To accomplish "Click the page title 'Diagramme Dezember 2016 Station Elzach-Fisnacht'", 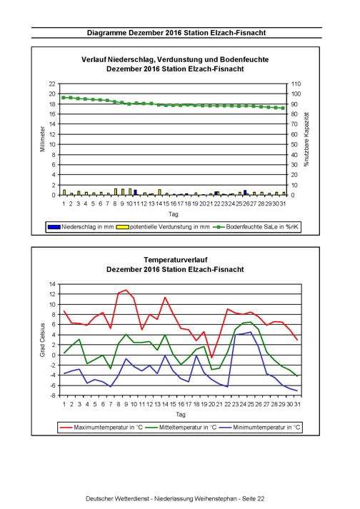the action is (176, 33).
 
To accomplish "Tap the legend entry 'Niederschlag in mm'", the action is (81, 227).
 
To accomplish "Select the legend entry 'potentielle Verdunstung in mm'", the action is (163, 227).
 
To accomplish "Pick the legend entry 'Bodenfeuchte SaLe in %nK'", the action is (256, 227).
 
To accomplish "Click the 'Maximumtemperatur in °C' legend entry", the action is (101, 427).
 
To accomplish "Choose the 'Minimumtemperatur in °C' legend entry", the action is (260, 427).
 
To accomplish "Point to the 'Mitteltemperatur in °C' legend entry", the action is (181, 427).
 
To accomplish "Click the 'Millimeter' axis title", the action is (42, 139).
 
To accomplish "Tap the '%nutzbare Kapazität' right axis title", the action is (306, 139).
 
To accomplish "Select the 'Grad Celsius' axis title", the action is (42, 340).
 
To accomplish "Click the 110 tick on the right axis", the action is (296, 84).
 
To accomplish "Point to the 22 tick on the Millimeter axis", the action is (52, 84).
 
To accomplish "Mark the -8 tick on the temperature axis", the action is (52, 395).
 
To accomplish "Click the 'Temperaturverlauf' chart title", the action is (176, 260).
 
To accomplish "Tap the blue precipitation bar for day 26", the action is (245, 193).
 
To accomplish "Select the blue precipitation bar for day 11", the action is (135, 192).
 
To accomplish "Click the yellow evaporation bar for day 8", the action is (115, 192).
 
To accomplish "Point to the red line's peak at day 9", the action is (126, 290).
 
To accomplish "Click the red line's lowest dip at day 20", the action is (212, 358).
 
